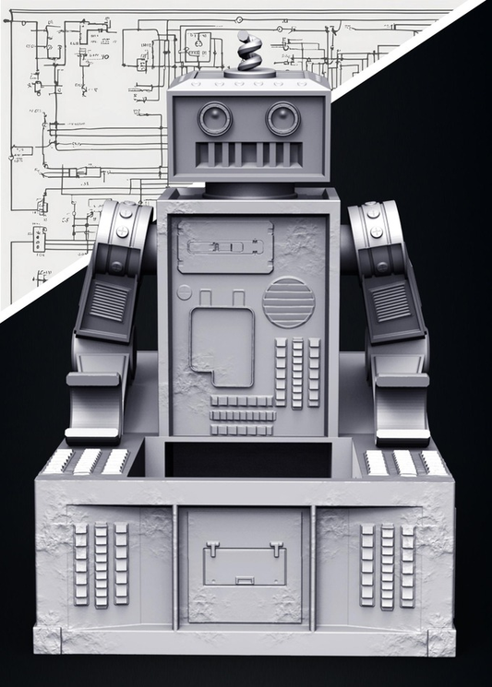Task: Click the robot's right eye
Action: [x=282, y=118]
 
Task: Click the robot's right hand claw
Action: [x=399, y=406]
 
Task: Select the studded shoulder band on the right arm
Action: [x=373, y=231]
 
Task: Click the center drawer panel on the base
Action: [x=245, y=563]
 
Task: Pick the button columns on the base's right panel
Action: [x=388, y=564]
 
